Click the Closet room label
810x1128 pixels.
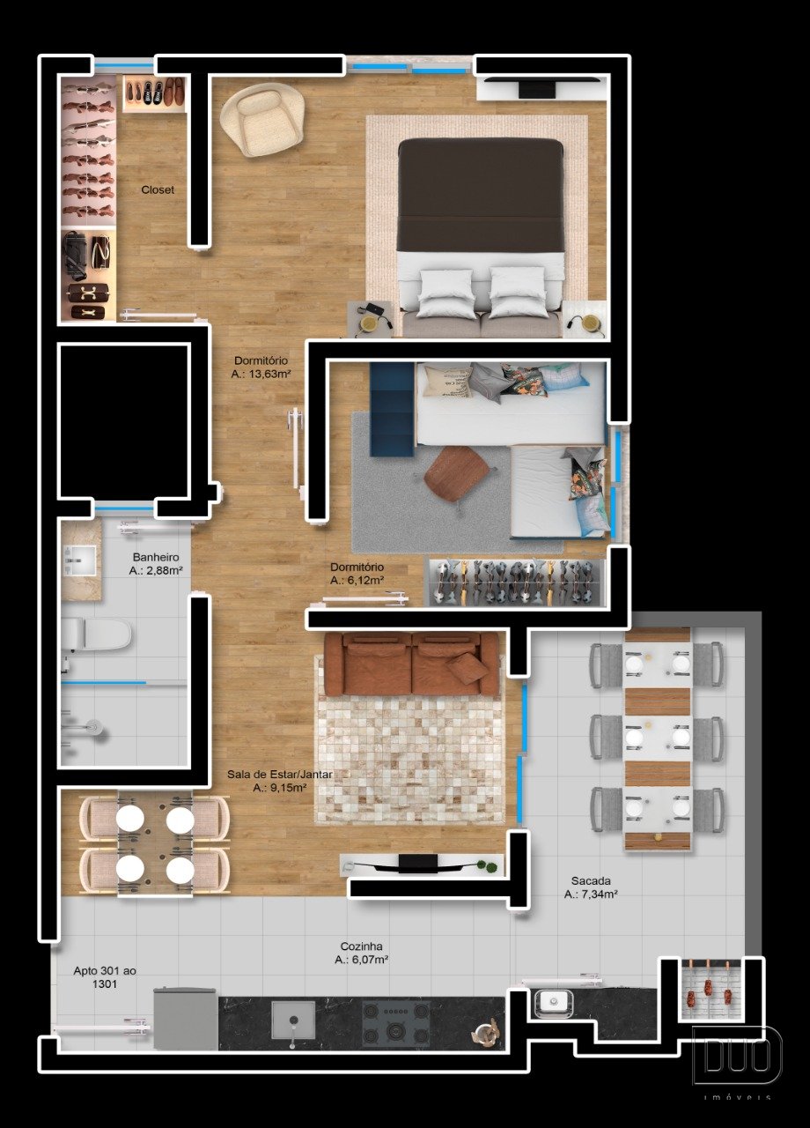[158, 189]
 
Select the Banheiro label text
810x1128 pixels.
[156, 558]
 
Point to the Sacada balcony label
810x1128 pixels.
[591, 880]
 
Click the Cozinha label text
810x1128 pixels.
[361, 946]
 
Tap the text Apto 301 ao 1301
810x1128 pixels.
[105, 977]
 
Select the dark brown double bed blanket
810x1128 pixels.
[481, 195]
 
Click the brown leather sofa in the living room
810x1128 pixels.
[412, 664]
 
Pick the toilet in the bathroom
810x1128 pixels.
[97, 634]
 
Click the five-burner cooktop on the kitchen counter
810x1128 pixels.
[396, 1023]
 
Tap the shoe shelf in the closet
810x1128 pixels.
[154, 93]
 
